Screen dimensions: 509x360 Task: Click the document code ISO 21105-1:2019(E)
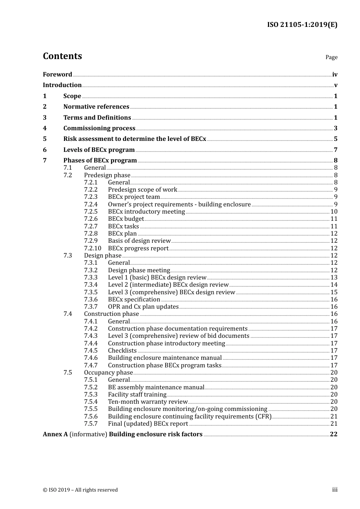(302, 25)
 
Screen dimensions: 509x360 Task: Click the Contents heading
(62, 56)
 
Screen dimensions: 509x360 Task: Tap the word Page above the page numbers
(331, 57)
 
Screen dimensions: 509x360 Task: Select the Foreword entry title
(57, 75)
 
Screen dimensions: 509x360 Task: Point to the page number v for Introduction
(335, 85)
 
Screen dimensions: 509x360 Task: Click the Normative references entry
(96, 107)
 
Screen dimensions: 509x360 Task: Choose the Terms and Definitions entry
(97, 118)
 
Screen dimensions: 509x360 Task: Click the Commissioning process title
(99, 128)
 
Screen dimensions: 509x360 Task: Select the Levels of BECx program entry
(99, 150)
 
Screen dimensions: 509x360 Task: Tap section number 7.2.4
(91, 205)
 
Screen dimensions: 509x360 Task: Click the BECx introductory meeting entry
(146, 212)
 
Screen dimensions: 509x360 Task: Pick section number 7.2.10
(92, 248)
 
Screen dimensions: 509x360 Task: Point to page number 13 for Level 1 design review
(334, 278)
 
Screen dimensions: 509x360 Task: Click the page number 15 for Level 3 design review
(334, 292)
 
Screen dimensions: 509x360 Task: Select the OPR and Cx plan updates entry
(143, 307)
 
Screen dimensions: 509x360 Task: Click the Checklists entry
(122, 351)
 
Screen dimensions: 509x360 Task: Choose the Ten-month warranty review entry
(148, 402)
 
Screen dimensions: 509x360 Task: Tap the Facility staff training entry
(137, 395)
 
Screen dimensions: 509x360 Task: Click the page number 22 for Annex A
(333, 434)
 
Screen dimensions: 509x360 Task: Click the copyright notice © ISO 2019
(80, 490)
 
